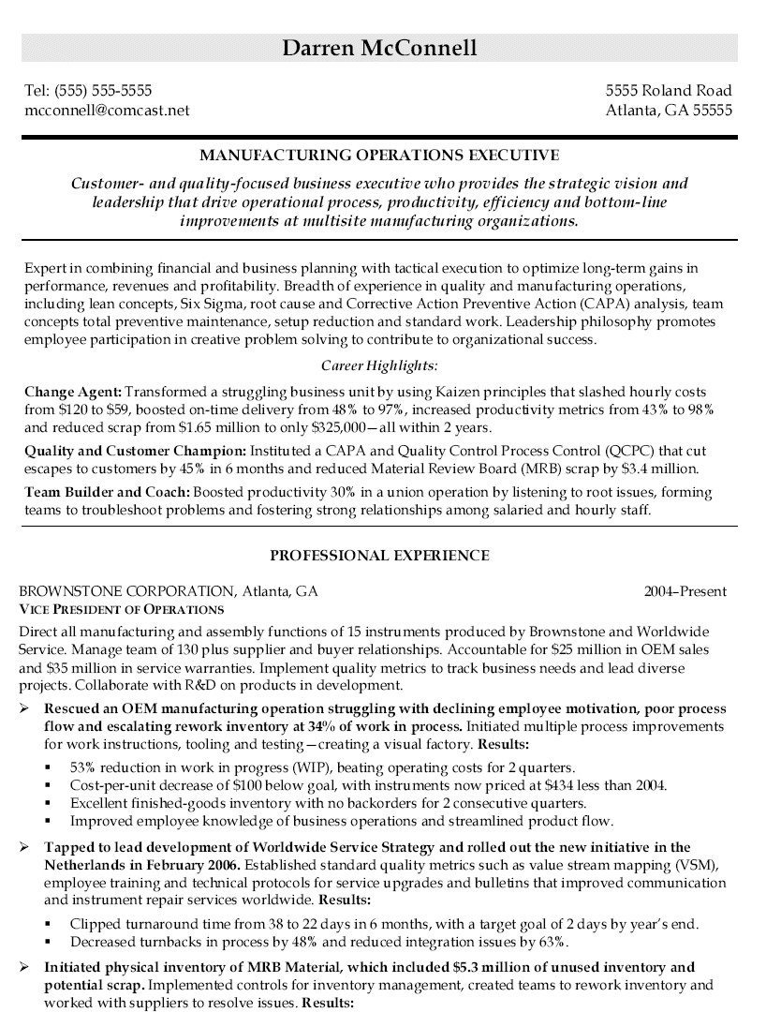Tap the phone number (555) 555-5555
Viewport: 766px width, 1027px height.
click(x=103, y=91)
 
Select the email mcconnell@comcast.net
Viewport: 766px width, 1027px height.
click(x=107, y=110)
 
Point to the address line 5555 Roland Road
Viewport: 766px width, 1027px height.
click(x=669, y=91)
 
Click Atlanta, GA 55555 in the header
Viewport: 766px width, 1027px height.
click(x=669, y=110)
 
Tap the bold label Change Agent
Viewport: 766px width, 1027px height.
click(x=72, y=391)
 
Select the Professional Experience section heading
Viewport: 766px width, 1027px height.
click(x=379, y=556)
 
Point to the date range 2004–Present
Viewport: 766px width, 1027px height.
click(x=685, y=592)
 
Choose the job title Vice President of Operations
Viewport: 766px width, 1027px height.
click(x=115, y=609)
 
